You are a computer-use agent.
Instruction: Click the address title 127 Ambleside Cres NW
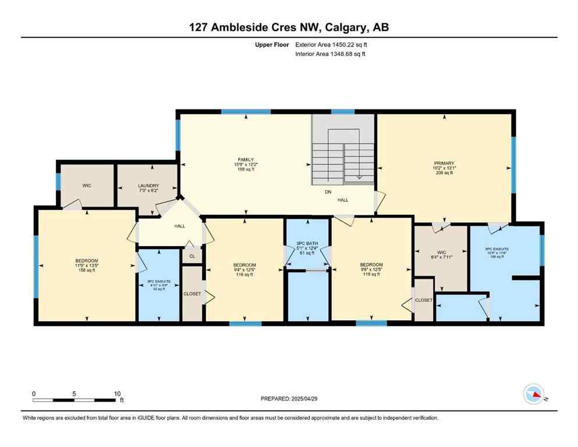click(x=289, y=28)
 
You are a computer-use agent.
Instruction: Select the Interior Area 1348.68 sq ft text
click(x=331, y=54)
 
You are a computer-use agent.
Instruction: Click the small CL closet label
click(x=192, y=256)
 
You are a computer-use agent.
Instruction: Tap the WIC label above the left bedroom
click(x=86, y=186)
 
